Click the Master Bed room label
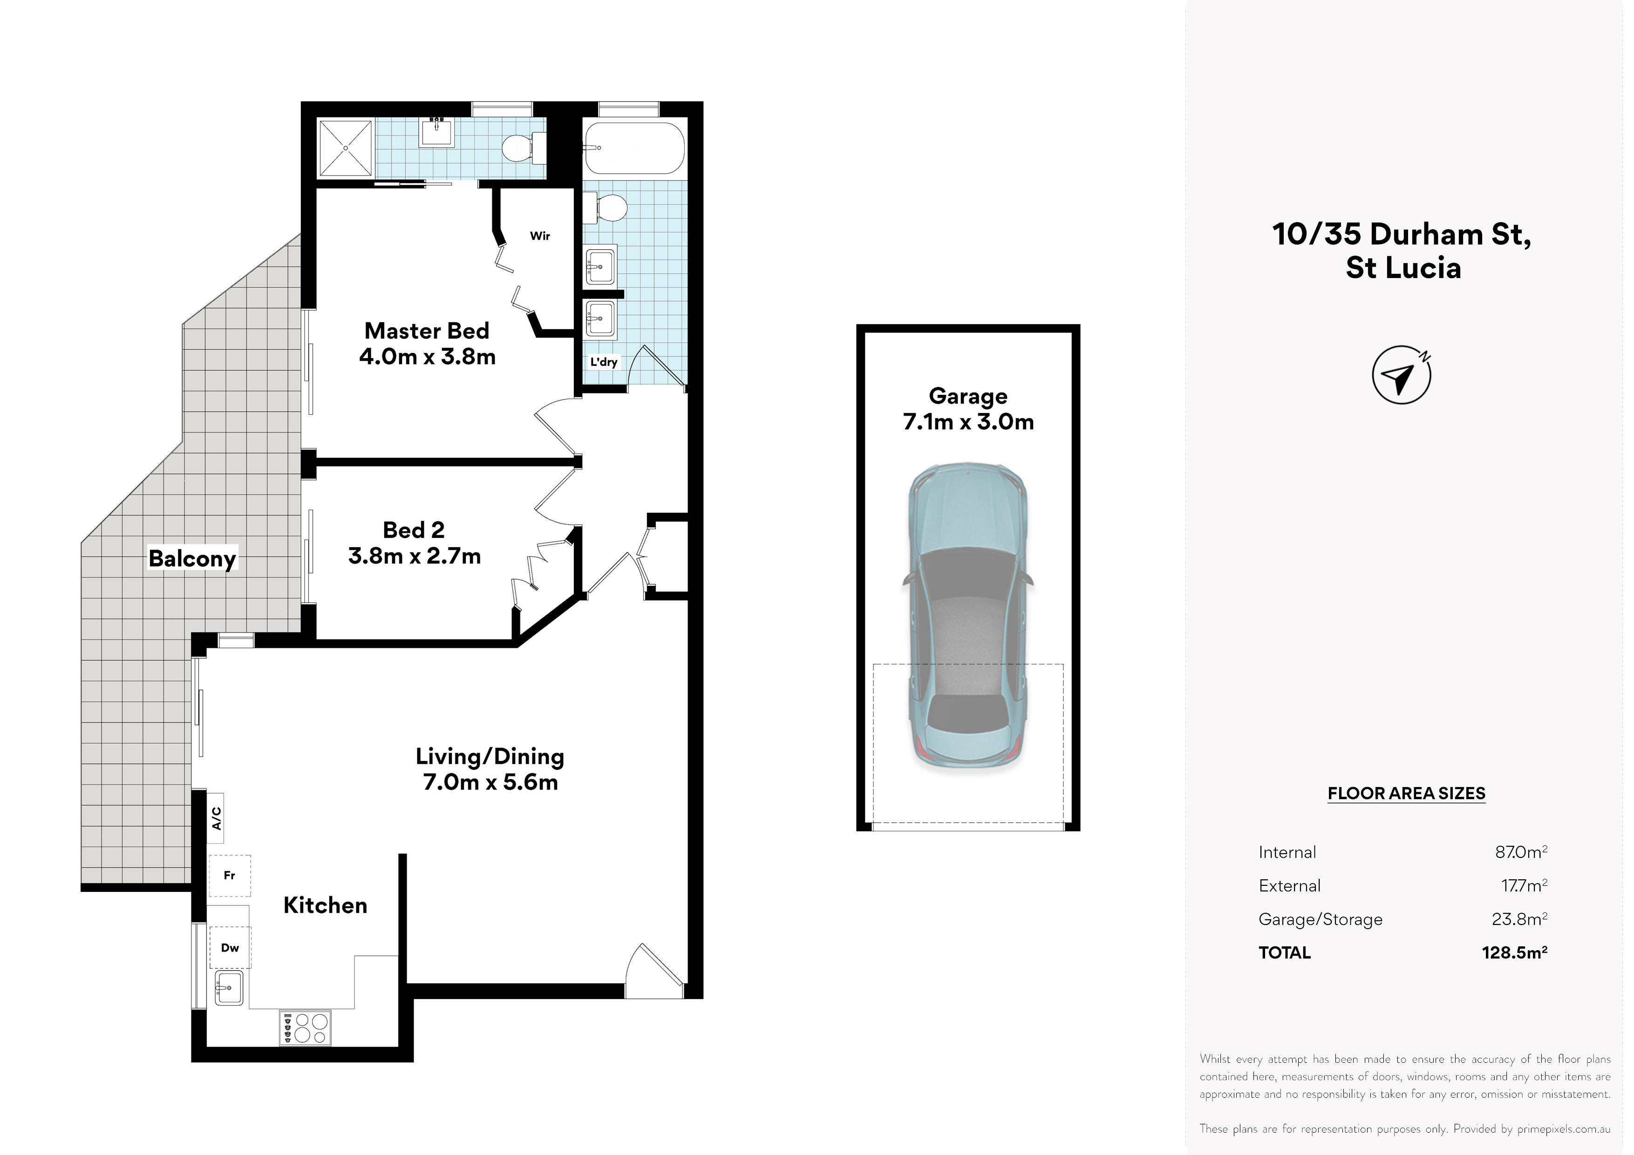click(x=427, y=331)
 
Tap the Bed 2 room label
click(x=414, y=530)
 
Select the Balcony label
click(x=192, y=559)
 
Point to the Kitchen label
click(x=325, y=905)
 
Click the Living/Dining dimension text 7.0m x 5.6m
click(x=490, y=783)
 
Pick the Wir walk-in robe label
click(x=540, y=236)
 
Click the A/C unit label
click(x=216, y=818)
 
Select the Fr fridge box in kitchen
click(x=229, y=875)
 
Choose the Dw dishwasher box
click(x=230, y=947)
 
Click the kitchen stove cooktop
click(x=305, y=1028)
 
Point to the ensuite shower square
click(x=345, y=148)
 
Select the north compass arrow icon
click(x=1401, y=375)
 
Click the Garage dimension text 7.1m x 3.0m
click(x=968, y=422)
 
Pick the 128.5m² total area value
click(x=1514, y=952)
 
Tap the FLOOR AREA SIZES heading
click(x=1406, y=794)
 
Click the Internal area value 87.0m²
click(x=1521, y=852)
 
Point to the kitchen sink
click(x=229, y=988)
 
